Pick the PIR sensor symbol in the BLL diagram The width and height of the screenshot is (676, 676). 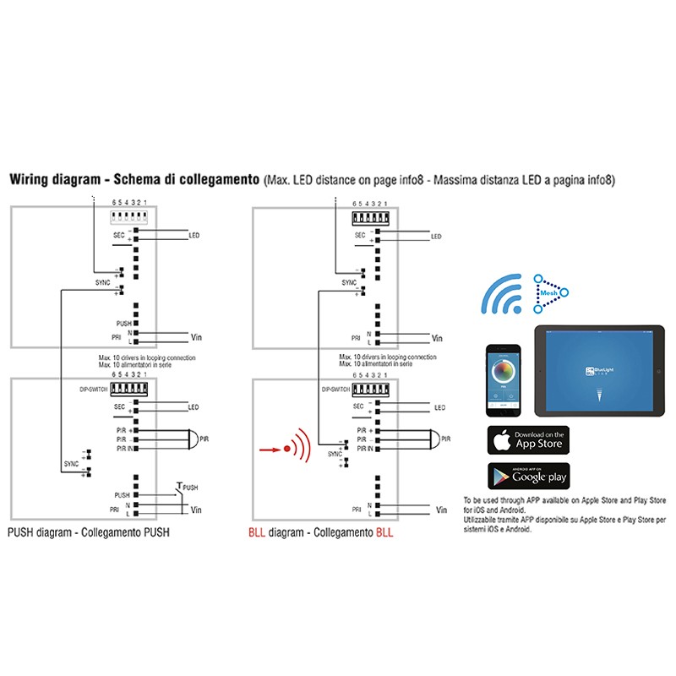pyautogui.click(x=433, y=439)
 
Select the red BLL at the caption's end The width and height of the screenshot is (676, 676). pyautogui.click(x=384, y=533)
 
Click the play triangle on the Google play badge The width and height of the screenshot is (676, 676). pyautogui.click(x=502, y=477)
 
